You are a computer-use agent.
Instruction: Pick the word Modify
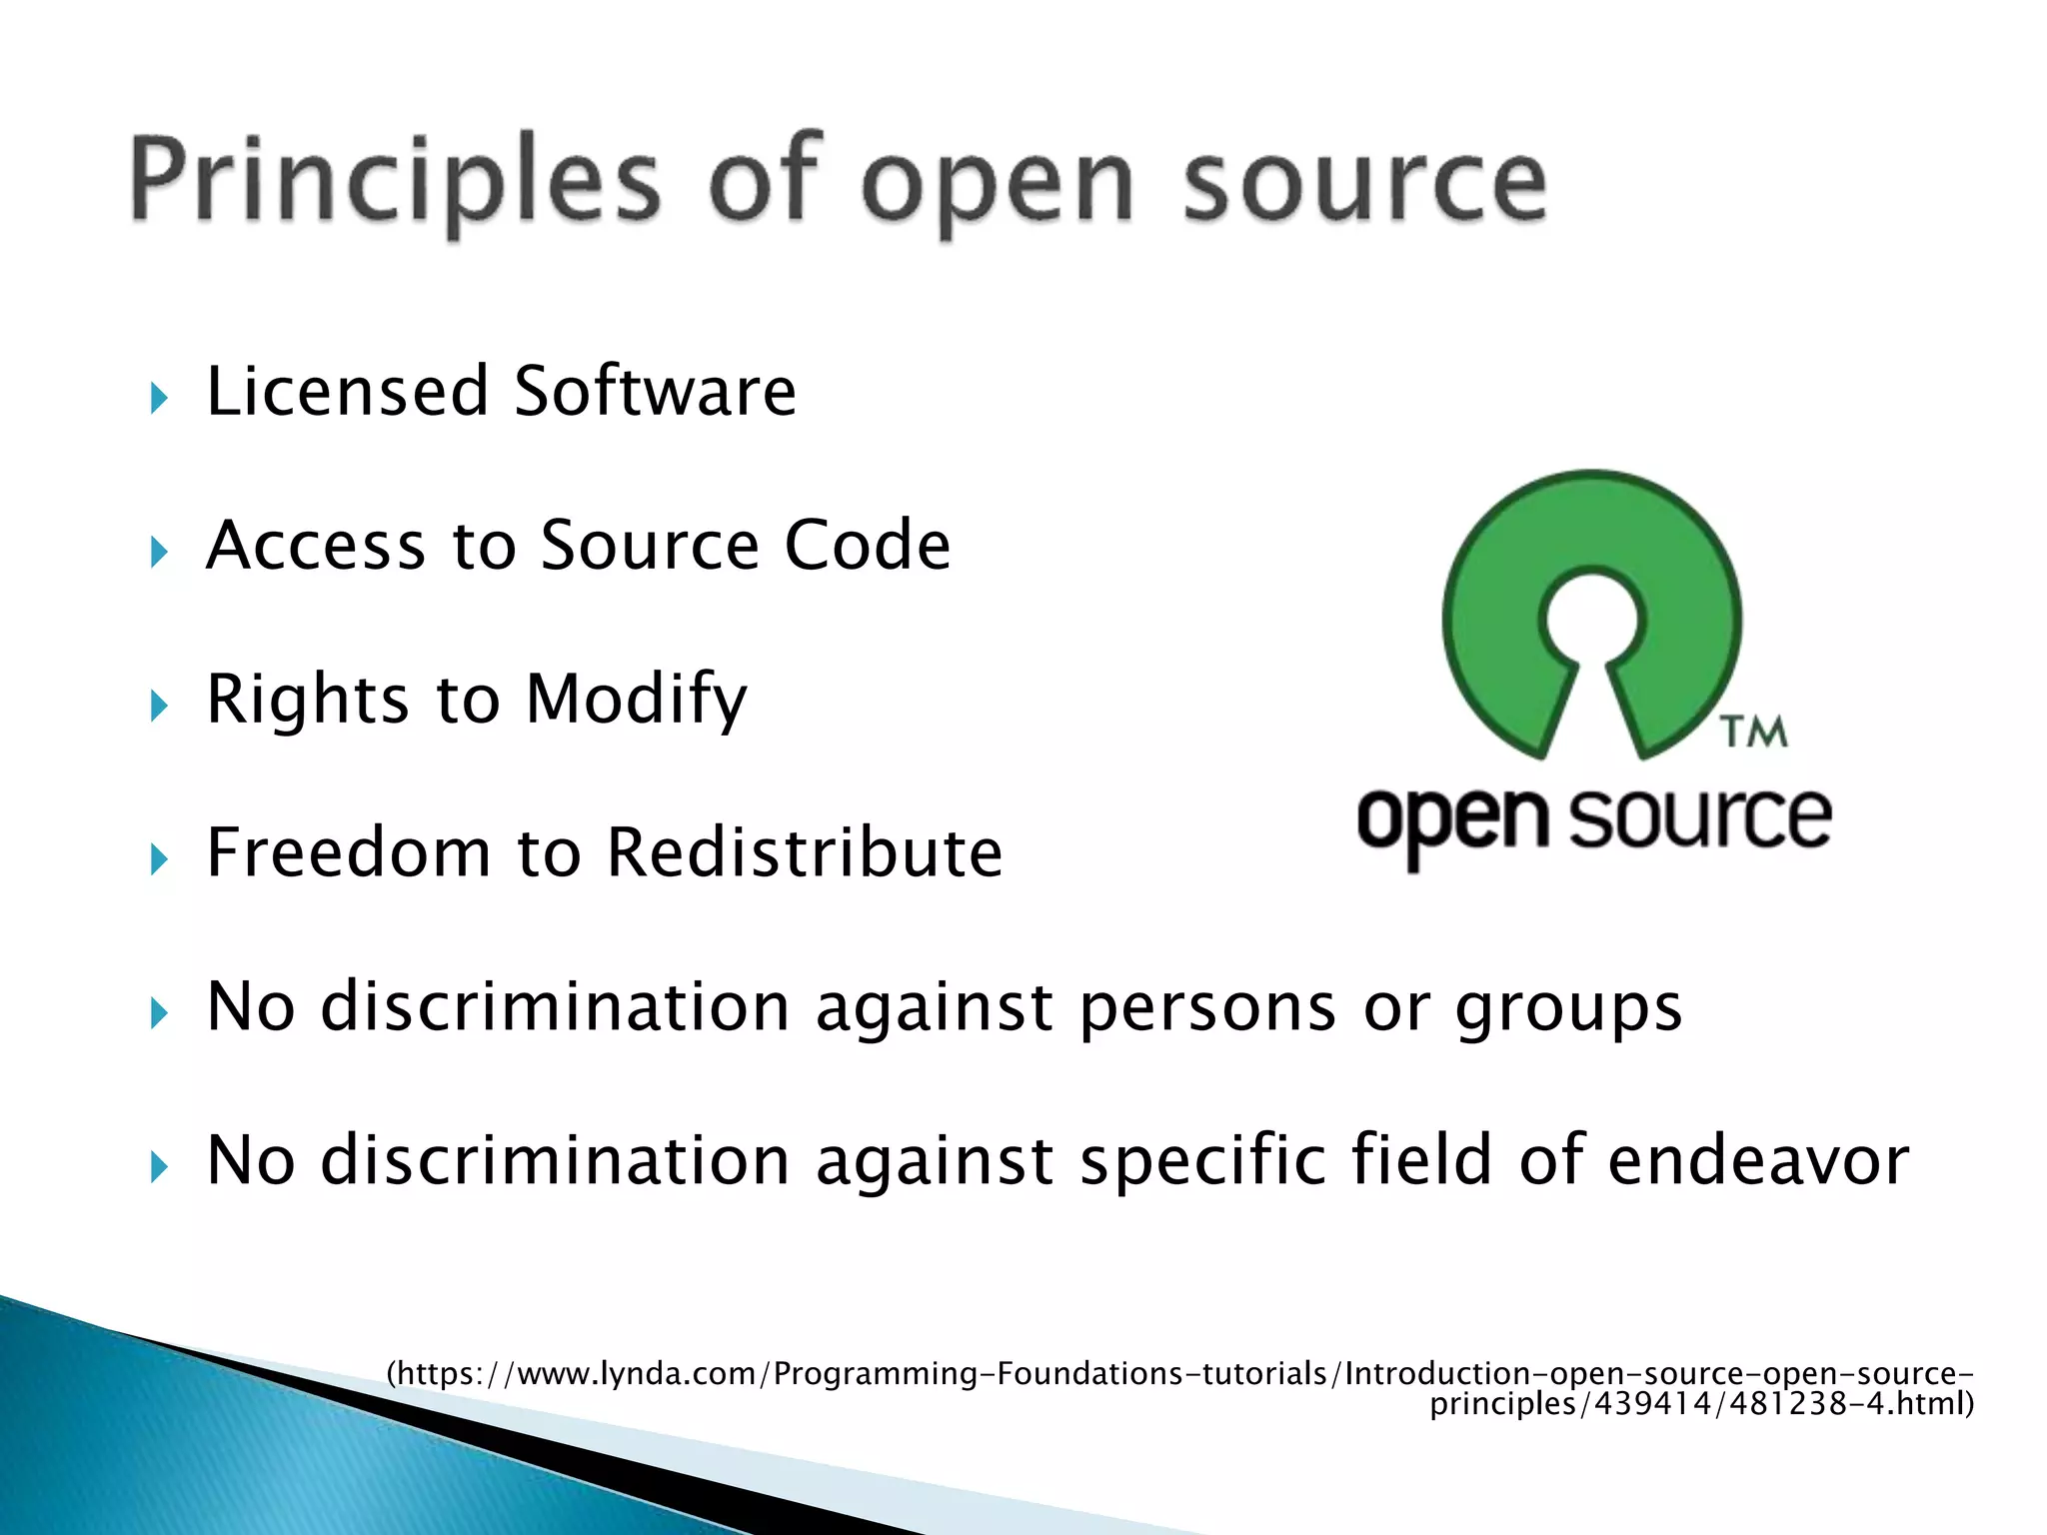(x=637, y=699)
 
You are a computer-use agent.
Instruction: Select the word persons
(x=1207, y=1006)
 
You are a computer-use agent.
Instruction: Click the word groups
(x=1568, y=1006)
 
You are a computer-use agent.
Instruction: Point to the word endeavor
(x=1759, y=1160)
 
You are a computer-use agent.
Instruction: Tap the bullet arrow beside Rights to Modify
(x=159, y=707)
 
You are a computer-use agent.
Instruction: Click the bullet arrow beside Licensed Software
(x=159, y=399)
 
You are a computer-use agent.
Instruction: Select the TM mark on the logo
(x=1755, y=733)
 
